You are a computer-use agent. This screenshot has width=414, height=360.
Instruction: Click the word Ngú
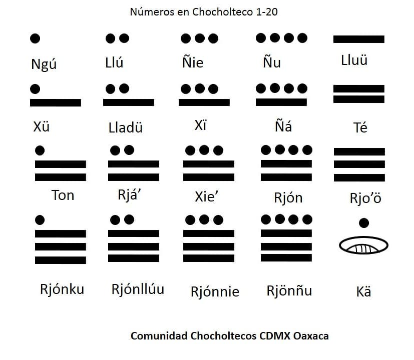coord(44,64)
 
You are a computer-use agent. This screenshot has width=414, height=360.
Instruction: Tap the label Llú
coord(114,62)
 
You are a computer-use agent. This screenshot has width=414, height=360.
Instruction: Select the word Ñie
coord(193,62)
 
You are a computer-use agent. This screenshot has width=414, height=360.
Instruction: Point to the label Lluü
coord(354,60)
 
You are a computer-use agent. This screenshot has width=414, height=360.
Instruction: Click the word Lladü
coord(126,127)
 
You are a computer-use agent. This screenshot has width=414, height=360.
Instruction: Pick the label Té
coord(360,127)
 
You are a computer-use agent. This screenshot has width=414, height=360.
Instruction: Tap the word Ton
coord(63,195)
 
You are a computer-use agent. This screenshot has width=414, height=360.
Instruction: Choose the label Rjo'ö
coord(365,198)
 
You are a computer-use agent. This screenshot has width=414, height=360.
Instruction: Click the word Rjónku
coord(62,289)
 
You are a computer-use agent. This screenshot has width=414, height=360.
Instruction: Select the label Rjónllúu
coord(138,289)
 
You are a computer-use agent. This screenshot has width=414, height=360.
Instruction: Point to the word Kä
coord(363,291)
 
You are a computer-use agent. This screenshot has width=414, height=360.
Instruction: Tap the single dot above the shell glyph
coord(364,223)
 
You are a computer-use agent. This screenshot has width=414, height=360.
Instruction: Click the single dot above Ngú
coord(35,38)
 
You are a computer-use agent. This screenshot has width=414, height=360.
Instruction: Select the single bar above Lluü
coord(359,39)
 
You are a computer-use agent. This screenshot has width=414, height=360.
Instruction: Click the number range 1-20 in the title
coord(267,12)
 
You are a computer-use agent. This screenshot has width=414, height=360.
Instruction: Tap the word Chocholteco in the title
coord(223,12)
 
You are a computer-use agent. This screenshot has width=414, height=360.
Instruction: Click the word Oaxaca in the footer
coord(311,336)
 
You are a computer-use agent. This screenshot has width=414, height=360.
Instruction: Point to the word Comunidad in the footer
coord(159,336)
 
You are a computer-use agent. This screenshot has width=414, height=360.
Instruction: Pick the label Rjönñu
coord(289,291)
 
